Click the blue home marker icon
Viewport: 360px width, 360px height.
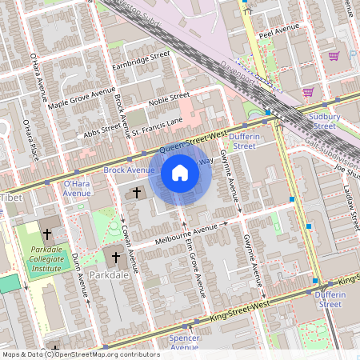pyautogui.click(x=180, y=172)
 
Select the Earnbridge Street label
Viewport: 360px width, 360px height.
pyautogui.click(x=142, y=60)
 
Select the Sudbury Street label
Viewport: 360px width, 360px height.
pyautogui.click(x=324, y=121)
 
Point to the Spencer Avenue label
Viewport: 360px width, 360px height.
pyautogui.click(x=184, y=342)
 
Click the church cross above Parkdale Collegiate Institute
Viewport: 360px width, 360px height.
pyautogui.click(x=47, y=234)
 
